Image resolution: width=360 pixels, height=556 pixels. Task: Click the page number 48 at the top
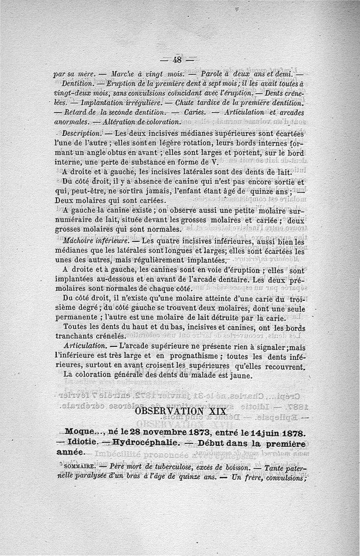(176, 60)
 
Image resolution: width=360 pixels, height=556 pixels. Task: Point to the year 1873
(186, 433)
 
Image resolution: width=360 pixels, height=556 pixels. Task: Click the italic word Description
(81, 134)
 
